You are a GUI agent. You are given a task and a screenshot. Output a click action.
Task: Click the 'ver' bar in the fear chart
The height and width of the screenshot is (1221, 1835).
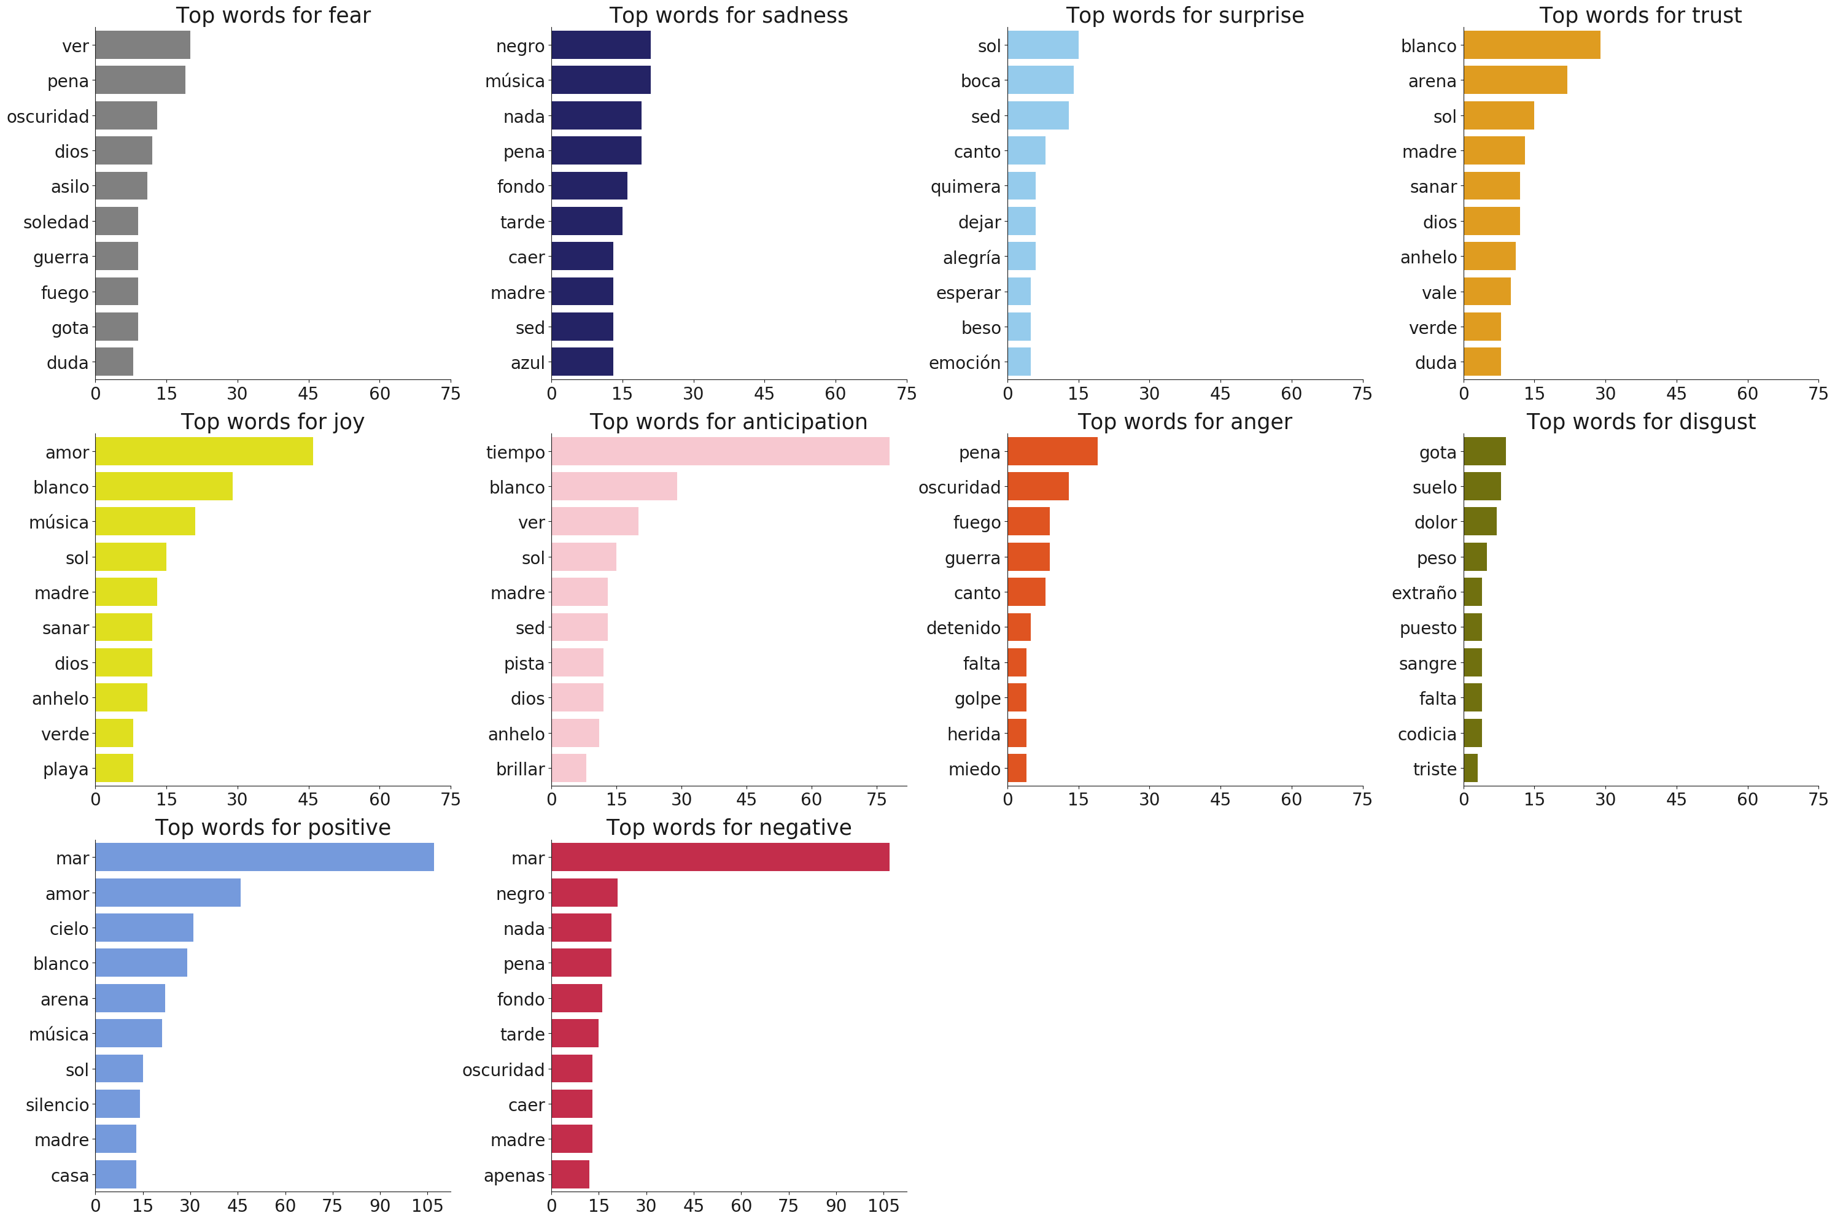[142, 45]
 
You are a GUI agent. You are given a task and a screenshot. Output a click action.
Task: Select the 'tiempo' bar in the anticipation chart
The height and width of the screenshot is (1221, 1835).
[720, 452]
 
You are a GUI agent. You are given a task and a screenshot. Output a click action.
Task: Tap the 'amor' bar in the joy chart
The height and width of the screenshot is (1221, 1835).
[204, 452]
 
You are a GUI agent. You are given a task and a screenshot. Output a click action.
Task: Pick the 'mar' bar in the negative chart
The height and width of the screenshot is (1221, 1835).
[720, 858]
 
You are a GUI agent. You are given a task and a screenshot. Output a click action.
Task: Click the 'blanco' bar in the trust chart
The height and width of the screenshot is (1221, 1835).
[1531, 45]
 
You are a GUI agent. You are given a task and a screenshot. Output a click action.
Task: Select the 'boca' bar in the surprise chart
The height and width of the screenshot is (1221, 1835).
[1040, 80]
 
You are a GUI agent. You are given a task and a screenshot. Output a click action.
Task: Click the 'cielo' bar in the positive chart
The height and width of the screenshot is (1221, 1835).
[144, 928]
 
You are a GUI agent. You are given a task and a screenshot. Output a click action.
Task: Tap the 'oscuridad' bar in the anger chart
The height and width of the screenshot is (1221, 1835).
[1038, 487]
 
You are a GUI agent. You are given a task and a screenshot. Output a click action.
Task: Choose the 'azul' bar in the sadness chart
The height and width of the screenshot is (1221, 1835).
[583, 362]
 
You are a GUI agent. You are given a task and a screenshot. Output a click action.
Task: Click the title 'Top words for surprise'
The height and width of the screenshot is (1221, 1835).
[1185, 15]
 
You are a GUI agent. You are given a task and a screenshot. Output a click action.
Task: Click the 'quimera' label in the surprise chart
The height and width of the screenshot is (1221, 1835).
[965, 187]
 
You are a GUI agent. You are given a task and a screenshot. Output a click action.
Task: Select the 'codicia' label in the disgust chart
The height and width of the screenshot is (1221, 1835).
[1427, 734]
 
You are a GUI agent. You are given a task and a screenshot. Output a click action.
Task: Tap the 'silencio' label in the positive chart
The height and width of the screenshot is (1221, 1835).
[57, 1105]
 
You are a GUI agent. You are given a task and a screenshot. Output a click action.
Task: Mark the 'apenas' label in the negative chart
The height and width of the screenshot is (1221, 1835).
[514, 1176]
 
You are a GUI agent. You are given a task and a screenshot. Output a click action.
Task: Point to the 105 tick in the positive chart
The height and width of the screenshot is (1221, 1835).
[427, 1206]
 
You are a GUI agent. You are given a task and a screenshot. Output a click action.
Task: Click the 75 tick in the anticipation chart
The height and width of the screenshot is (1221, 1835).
[877, 799]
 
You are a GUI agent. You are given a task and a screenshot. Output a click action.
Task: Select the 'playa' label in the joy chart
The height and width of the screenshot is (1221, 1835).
[66, 769]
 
